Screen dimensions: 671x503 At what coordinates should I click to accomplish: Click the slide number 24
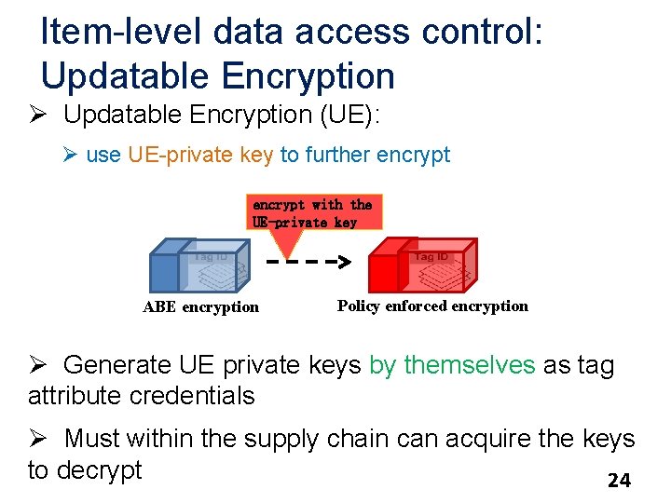click(x=619, y=481)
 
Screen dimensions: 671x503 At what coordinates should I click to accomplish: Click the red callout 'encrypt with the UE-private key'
click(x=312, y=213)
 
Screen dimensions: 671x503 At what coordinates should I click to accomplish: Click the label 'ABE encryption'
click(x=200, y=306)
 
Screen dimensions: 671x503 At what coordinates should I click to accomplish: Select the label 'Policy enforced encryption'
click(x=432, y=306)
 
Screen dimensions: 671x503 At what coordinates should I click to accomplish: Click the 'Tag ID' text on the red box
click(x=431, y=256)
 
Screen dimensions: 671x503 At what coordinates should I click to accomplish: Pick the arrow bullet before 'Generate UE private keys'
click(x=38, y=364)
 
